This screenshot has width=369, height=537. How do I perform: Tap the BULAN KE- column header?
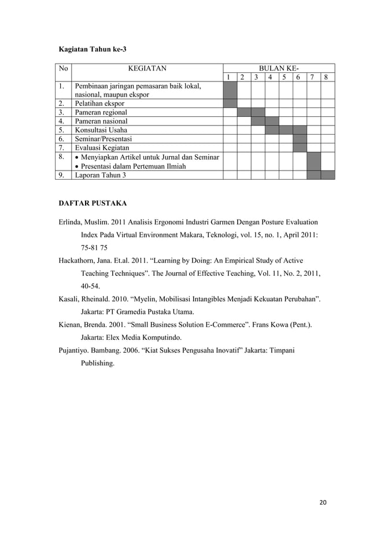point(279,68)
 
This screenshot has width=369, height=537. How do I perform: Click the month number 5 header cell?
point(286,77)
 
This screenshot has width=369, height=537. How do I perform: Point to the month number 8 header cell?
point(327,77)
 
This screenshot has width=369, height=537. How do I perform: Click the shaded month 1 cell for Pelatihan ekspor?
point(230,103)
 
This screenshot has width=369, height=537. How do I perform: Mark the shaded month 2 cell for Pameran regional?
point(244,112)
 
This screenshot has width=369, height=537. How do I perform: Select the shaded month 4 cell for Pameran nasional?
point(272,121)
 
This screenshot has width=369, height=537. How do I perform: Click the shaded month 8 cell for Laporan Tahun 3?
point(327,175)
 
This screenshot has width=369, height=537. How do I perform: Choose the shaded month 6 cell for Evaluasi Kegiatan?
point(300,148)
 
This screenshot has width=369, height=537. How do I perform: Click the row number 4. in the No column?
point(61,121)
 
